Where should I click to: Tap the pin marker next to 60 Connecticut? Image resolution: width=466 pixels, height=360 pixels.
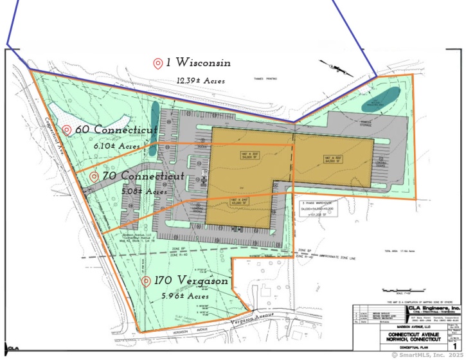(x=67, y=130)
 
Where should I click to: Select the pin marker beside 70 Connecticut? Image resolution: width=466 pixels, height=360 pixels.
(x=94, y=176)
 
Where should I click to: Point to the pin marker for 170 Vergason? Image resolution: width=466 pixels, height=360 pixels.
(x=147, y=282)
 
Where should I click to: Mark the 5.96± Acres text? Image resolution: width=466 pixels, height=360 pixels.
(x=186, y=296)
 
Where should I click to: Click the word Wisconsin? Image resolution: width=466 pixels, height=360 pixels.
(x=202, y=63)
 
